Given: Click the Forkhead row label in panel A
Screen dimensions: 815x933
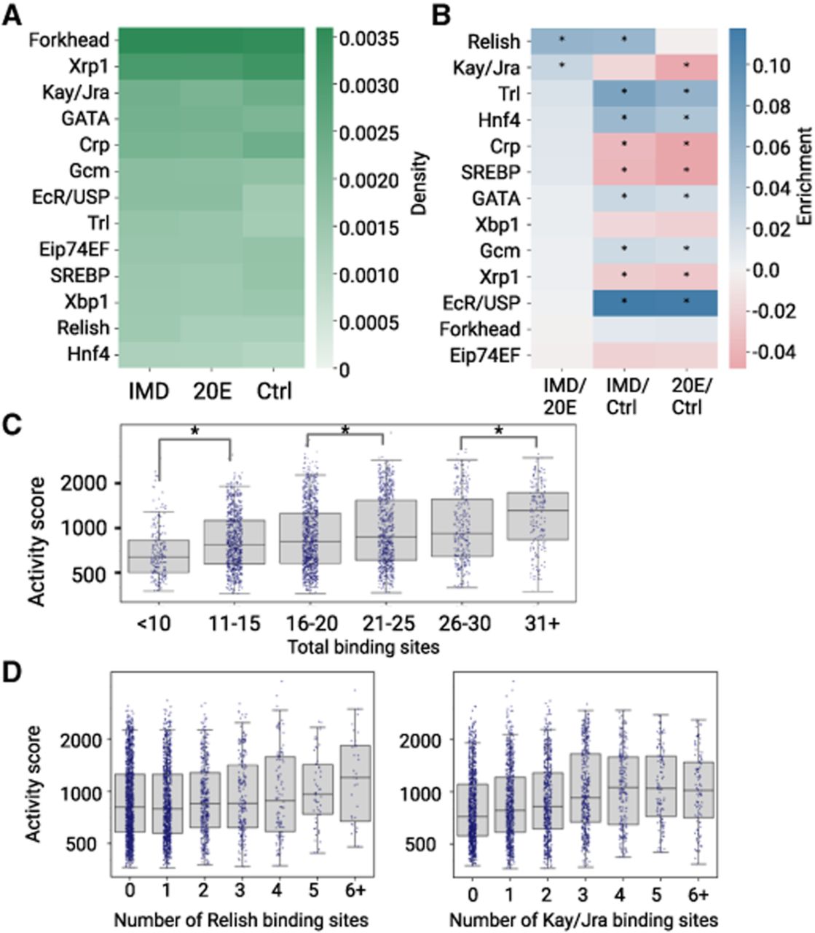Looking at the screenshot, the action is [x=68, y=40].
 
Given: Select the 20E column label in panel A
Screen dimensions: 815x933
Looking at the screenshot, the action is [x=212, y=391].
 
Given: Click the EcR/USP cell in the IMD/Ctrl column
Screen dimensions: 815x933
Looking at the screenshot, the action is [x=624, y=302].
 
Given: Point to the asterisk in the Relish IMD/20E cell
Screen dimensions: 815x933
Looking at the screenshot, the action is [x=562, y=39].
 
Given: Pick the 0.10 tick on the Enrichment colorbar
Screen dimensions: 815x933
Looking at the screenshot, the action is [x=771, y=66].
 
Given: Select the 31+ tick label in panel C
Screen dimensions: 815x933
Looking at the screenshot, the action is [x=540, y=623].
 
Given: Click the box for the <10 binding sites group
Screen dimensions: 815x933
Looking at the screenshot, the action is [x=159, y=556].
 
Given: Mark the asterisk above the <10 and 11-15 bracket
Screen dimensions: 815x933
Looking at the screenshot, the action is [x=195, y=432].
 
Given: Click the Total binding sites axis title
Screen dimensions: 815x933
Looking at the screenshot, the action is [x=363, y=647].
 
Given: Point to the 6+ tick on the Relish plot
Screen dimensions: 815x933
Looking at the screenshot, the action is [x=355, y=890].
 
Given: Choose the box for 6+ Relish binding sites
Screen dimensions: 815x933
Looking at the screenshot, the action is [x=356, y=783].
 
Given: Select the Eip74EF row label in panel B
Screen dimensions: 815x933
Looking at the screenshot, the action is [x=485, y=356].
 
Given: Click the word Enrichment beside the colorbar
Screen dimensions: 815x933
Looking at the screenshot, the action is [x=805, y=176].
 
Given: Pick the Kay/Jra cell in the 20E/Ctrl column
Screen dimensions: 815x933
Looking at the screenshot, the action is [x=687, y=68].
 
